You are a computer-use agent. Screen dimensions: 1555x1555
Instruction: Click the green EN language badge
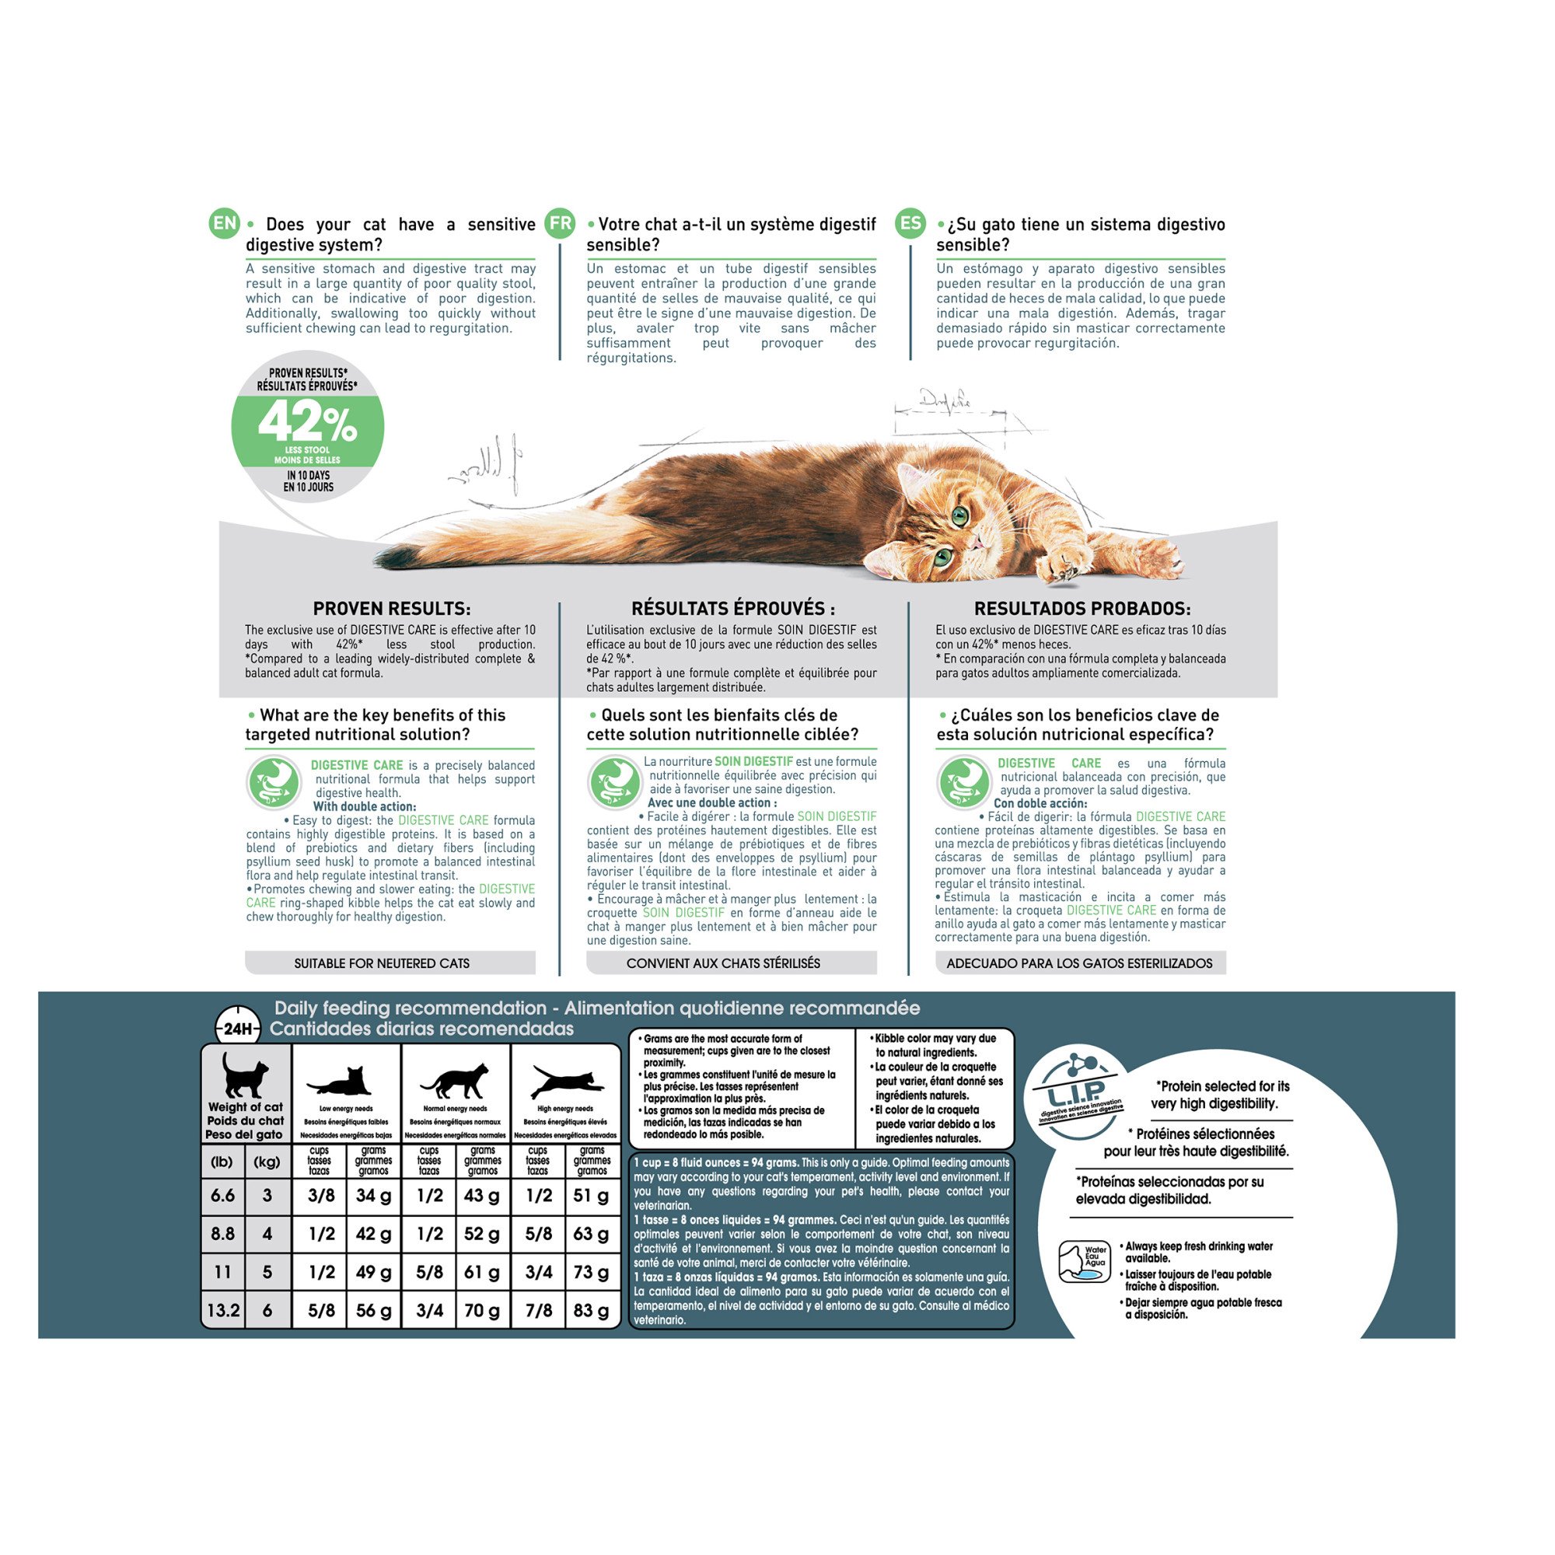click(225, 223)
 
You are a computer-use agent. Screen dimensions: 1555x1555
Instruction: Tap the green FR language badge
click(560, 223)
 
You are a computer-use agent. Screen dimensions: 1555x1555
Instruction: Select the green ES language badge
click(910, 223)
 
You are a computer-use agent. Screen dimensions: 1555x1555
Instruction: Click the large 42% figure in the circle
click(307, 421)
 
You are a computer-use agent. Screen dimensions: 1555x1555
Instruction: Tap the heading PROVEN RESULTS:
click(392, 609)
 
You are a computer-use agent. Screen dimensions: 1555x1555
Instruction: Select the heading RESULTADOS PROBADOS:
click(1082, 609)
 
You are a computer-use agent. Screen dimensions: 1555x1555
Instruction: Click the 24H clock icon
click(238, 1029)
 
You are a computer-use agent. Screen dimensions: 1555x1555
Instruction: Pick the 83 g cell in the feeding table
click(592, 1310)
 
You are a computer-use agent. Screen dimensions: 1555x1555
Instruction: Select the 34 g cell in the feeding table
click(373, 1195)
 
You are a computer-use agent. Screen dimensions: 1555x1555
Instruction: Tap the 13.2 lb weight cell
click(223, 1310)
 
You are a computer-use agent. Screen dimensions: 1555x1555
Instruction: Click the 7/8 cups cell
click(539, 1310)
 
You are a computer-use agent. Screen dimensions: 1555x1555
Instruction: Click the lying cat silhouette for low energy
click(339, 1081)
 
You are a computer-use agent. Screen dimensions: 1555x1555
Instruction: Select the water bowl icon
click(1083, 1261)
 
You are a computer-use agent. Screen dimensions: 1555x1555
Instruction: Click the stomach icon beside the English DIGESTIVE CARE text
click(273, 781)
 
